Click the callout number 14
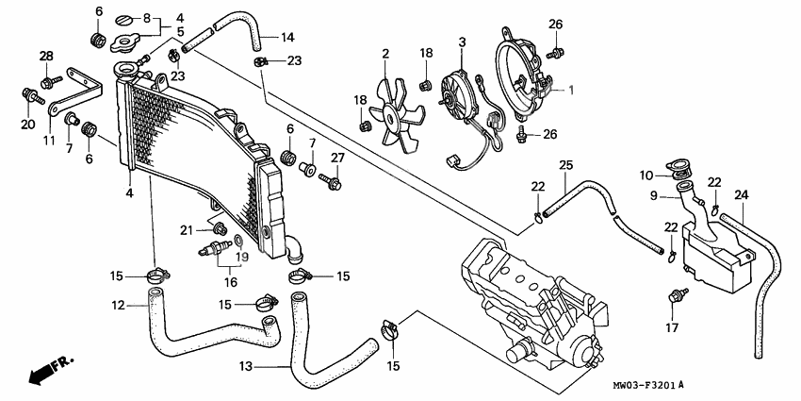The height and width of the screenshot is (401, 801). (287, 38)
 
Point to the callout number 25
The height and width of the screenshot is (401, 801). (564, 166)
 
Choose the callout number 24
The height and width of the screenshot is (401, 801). (741, 195)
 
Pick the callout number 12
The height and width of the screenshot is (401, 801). (117, 305)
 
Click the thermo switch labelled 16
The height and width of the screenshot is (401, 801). (216, 251)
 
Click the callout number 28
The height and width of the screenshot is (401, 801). (45, 57)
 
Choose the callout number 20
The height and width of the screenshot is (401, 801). (26, 125)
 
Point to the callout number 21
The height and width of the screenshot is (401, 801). (187, 230)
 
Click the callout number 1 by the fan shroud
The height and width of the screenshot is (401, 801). (569, 90)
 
